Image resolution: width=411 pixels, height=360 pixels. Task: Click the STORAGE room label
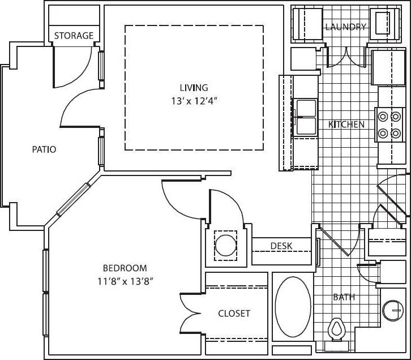(74, 36)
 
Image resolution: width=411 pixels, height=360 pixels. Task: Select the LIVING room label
(194, 88)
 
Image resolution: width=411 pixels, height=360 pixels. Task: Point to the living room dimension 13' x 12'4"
(194, 100)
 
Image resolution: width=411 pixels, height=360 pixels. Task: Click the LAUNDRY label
(346, 27)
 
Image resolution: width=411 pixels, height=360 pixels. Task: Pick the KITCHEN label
(346, 124)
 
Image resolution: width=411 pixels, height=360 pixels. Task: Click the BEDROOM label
(125, 268)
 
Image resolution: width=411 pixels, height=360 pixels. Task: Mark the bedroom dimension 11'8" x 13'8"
(125, 280)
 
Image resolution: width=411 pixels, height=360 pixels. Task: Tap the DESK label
(281, 246)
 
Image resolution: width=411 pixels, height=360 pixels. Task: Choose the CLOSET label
(234, 313)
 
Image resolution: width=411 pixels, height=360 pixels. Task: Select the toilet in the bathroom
(337, 330)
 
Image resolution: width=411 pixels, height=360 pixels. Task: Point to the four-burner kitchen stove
(389, 125)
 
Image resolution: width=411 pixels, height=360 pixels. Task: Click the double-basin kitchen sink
(305, 117)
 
